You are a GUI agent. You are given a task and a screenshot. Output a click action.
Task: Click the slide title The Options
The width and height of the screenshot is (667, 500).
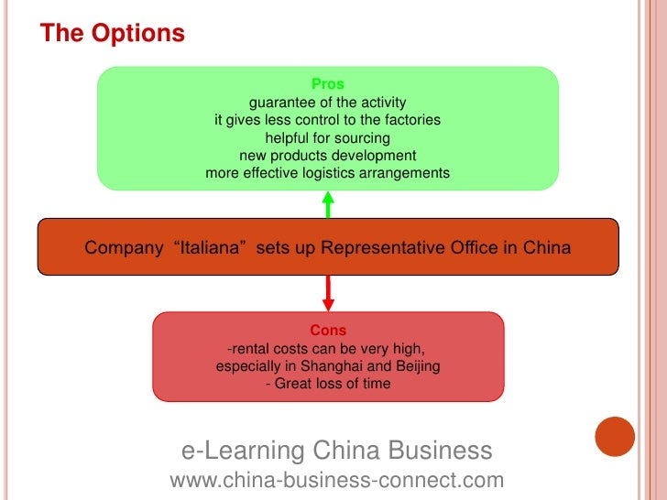tap(112, 34)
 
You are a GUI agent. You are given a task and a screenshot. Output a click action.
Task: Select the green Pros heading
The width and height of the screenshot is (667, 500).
tap(327, 84)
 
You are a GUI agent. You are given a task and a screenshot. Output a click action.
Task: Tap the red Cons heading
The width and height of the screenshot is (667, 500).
tap(327, 331)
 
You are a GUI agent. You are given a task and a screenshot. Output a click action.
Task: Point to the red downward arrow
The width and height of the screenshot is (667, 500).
tap(328, 293)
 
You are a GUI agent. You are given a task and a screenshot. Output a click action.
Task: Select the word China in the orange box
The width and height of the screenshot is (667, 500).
tap(547, 247)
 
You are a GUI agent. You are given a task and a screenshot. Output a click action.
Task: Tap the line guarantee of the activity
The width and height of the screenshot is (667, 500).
tap(327, 102)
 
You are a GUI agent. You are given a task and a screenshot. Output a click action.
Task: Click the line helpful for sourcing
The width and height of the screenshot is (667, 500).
tap(327, 137)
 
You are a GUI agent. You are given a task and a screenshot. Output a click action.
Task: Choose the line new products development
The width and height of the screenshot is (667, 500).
tap(327, 155)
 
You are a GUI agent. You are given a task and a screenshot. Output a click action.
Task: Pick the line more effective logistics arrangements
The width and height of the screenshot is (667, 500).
tap(327, 172)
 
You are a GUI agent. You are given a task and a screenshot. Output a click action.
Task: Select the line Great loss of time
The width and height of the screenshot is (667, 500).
tap(331, 384)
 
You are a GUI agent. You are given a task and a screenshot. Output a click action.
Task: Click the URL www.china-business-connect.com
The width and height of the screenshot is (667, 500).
tap(337, 480)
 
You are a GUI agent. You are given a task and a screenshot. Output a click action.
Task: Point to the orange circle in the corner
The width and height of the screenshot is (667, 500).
tap(615, 437)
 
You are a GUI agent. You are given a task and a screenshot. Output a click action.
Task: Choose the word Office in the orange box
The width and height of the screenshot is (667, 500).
tap(486, 247)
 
